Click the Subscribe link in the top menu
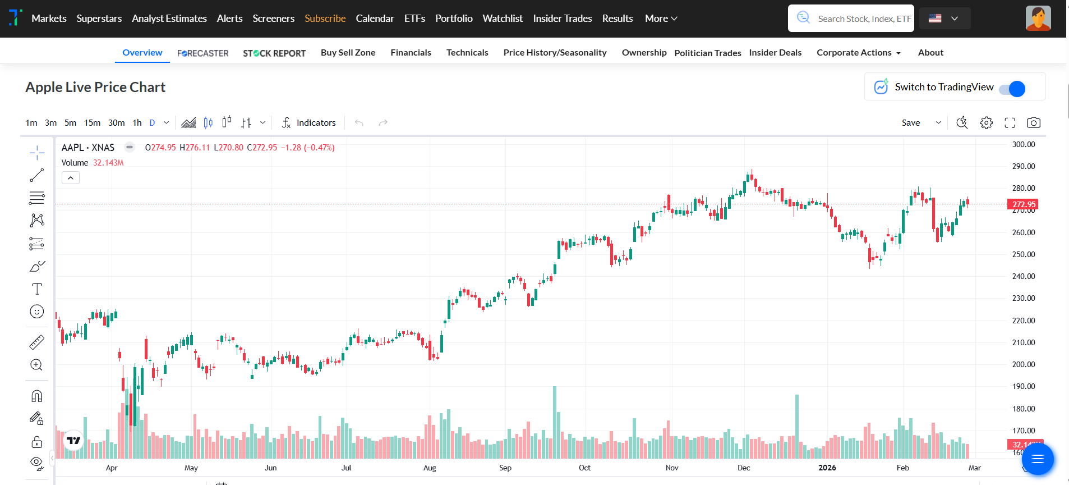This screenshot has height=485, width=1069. (x=325, y=19)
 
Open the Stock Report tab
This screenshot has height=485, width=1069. (x=274, y=53)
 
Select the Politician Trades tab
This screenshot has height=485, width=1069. (x=707, y=53)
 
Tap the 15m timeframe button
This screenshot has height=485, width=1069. (x=92, y=123)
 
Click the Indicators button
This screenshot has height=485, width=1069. (x=309, y=123)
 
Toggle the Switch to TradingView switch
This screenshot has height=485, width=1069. (x=1012, y=89)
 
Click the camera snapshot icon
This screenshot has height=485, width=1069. (x=1033, y=123)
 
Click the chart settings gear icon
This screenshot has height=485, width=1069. (x=986, y=123)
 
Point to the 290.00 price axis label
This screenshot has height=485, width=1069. (x=1023, y=166)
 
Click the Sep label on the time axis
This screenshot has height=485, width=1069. (x=505, y=468)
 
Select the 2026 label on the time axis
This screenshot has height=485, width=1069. (x=827, y=468)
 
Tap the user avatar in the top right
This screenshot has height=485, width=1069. (x=1038, y=19)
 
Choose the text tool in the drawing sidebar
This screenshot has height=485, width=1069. (x=37, y=289)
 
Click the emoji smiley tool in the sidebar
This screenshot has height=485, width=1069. (x=37, y=312)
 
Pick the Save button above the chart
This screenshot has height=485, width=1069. (x=911, y=123)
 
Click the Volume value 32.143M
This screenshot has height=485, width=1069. (x=108, y=163)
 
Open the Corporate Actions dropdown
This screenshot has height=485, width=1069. (x=858, y=53)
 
